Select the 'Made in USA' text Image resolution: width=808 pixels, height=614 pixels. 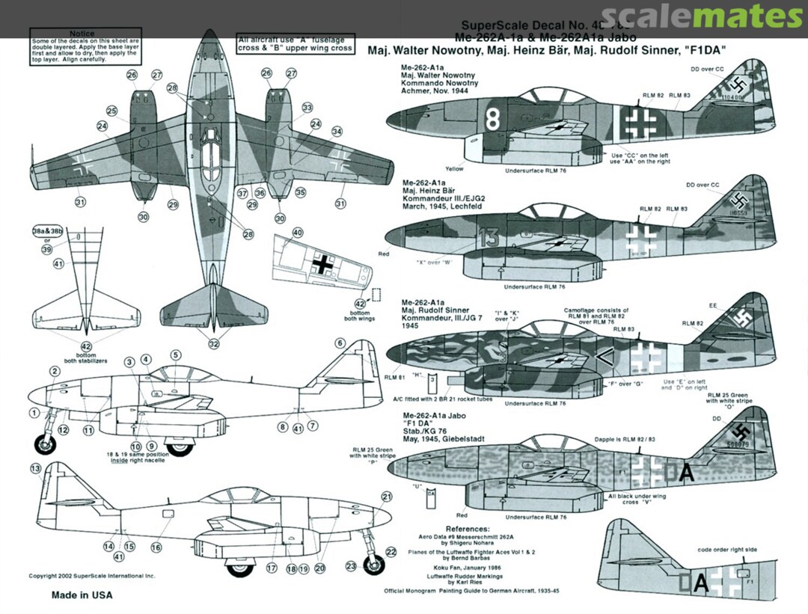[x=82, y=595]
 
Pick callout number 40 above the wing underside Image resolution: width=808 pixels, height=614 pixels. [x=298, y=233]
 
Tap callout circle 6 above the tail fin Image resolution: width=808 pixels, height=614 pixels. [x=340, y=343]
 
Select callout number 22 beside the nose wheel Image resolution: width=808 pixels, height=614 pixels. [x=390, y=552]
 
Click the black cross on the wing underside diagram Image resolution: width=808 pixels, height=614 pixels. [x=323, y=263]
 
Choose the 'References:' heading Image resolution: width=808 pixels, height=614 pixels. [x=466, y=528]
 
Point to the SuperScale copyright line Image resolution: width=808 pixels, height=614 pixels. [x=91, y=577]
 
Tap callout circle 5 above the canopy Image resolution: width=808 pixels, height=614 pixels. [x=176, y=355]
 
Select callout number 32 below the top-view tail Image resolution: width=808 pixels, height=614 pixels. [x=215, y=344]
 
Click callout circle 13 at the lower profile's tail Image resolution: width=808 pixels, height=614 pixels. [x=35, y=468]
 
